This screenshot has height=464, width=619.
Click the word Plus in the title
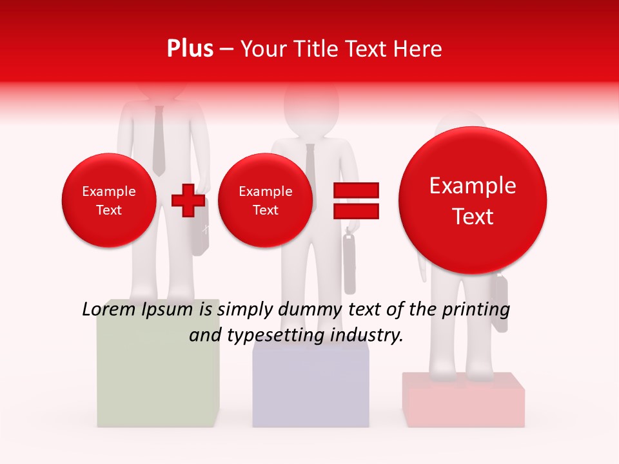click(190, 49)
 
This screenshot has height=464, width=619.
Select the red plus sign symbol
click(188, 200)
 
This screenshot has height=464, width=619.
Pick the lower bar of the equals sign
click(355, 211)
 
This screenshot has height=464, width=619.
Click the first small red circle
click(108, 200)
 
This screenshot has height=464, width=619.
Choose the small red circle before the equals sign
click(265, 200)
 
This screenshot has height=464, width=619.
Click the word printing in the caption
click(476, 310)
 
